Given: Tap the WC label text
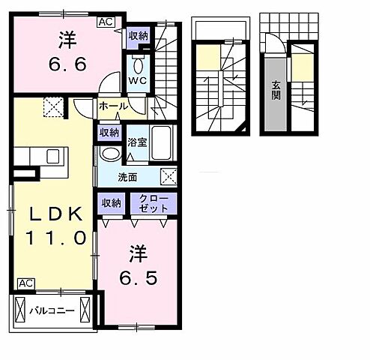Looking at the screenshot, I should [x=136, y=78].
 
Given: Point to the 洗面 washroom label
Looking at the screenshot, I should [x=127, y=177].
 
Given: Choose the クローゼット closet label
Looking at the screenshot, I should [x=154, y=202].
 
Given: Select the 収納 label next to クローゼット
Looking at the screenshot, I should [x=112, y=202].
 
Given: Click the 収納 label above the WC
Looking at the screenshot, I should [x=137, y=35].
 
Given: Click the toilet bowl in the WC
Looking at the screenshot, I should [x=137, y=61].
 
